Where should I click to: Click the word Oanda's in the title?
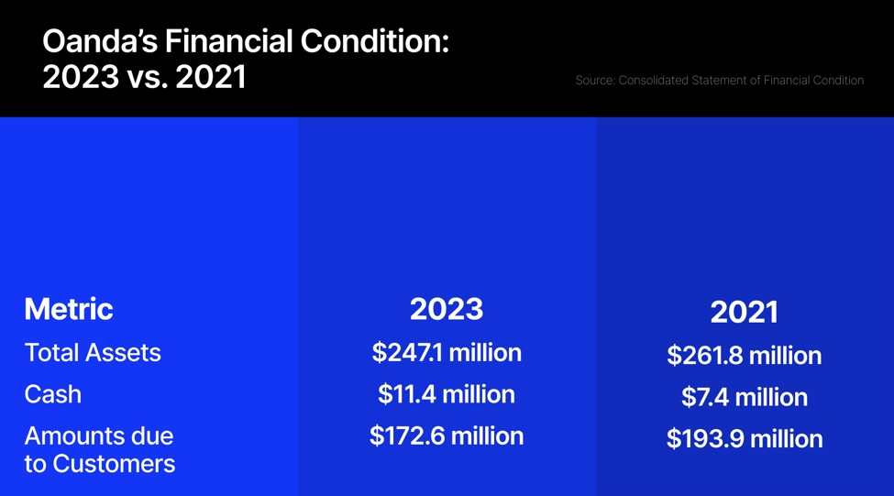click(x=100, y=41)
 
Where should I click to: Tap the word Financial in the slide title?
click(x=229, y=41)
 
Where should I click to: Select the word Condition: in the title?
click(x=375, y=41)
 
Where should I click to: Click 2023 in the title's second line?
click(x=81, y=77)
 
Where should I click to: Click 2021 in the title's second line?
click(x=211, y=77)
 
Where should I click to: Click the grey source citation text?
click(x=720, y=81)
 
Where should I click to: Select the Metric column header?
click(x=69, y=309)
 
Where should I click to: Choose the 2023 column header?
click(x=447, y=309)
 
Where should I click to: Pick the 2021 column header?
click(x=744, y=313)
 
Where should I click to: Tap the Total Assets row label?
click(x=93, y=353)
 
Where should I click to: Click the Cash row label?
click(x=53, y=394)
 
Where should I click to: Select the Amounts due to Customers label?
click(x=100, y=450)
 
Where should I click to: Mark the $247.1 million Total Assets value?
click(x=447, y=353)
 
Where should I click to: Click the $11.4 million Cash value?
click(x=447, y=394)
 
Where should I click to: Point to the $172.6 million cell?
click(x=447, y=436)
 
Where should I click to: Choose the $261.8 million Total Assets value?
click(x=744, y=356)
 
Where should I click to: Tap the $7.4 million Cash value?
click(x=744, y=397)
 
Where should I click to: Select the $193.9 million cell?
click(x=744, y=439)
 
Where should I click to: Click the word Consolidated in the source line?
click(x=654, y=81)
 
